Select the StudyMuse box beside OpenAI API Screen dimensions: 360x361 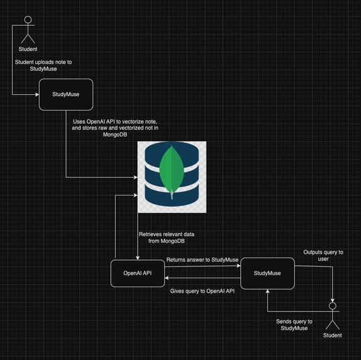pos(267,273)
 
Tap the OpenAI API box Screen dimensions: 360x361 pos(138,273)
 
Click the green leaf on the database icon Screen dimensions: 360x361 pos(172,170)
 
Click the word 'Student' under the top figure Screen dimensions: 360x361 pos(28,49)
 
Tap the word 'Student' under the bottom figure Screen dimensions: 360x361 pos(333,335)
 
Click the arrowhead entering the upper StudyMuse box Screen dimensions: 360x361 pos(38,96)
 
